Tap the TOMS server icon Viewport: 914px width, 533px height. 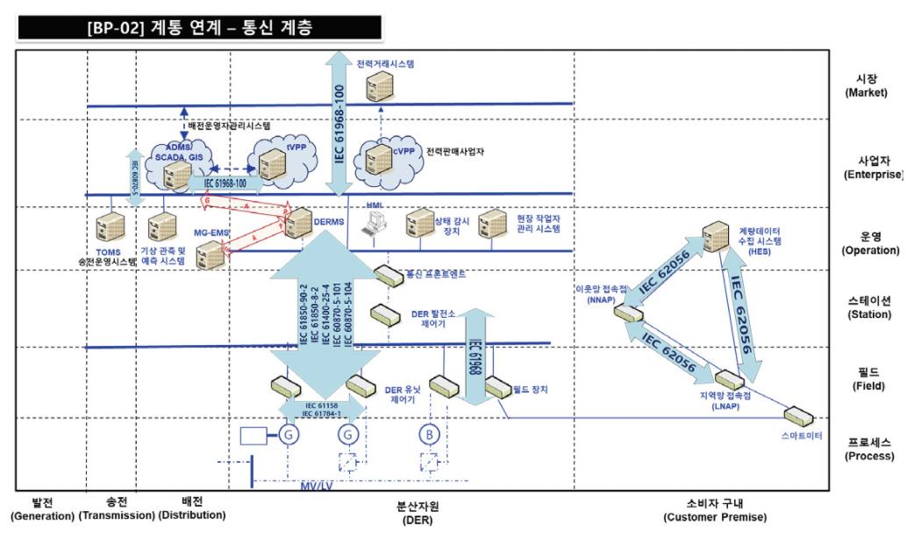tap(111, 227)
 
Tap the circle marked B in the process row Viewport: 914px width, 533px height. tap(429, 434)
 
